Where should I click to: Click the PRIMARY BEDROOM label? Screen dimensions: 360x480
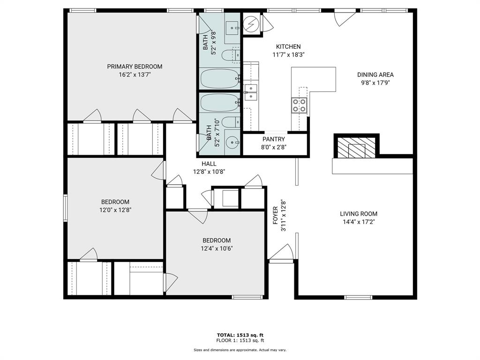[x=135, y=67]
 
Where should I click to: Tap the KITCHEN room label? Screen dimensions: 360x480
[x=288, y=46]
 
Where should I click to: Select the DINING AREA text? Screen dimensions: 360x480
[x=375, y=75]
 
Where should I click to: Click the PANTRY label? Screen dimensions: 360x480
[x=273, y=139]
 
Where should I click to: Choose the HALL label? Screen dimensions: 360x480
[x=209, y=164]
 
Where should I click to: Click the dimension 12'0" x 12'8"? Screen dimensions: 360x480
[x=114, y=210]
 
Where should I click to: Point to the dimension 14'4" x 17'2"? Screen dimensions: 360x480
[x=358, y=222]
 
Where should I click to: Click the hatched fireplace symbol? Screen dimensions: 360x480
[x=356, y=148]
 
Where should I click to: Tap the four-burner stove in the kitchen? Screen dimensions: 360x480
[x=299, y=105]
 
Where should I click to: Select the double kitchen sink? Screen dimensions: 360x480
[x=250, y=92]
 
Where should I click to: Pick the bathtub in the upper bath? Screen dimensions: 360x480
[x=220, y=78]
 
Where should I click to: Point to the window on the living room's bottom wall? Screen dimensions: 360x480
[x=358, y=297]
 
